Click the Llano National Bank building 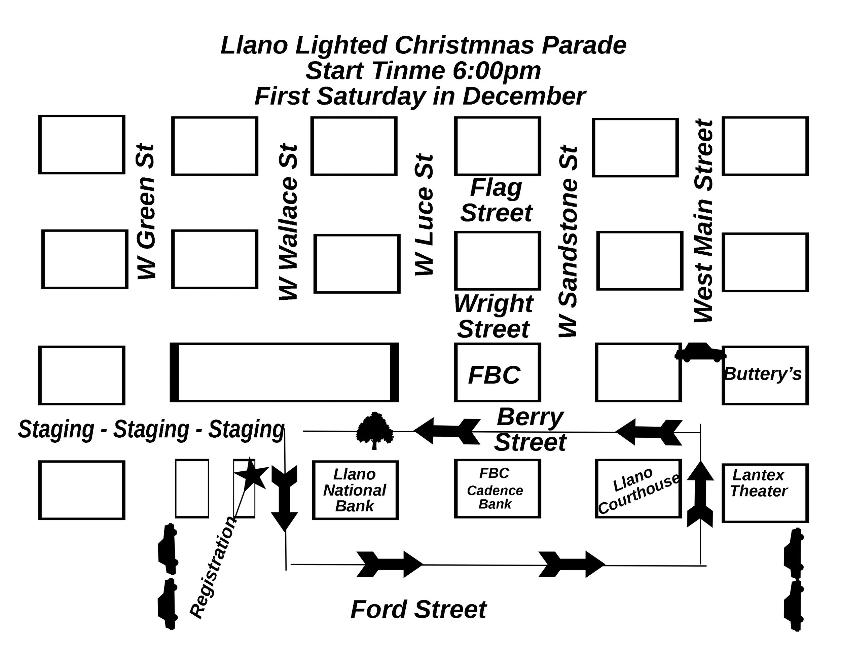coord(355,490)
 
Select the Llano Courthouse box coord(638,488)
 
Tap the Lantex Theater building coord(764,493)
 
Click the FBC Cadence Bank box coord(497,488)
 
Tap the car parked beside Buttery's coord(700,353)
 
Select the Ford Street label coord(418,609)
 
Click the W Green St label coord(146,212)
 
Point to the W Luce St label coord(424,215)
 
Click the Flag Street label coord(497,200)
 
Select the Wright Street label coord(493,316)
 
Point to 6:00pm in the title coord(497,71)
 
